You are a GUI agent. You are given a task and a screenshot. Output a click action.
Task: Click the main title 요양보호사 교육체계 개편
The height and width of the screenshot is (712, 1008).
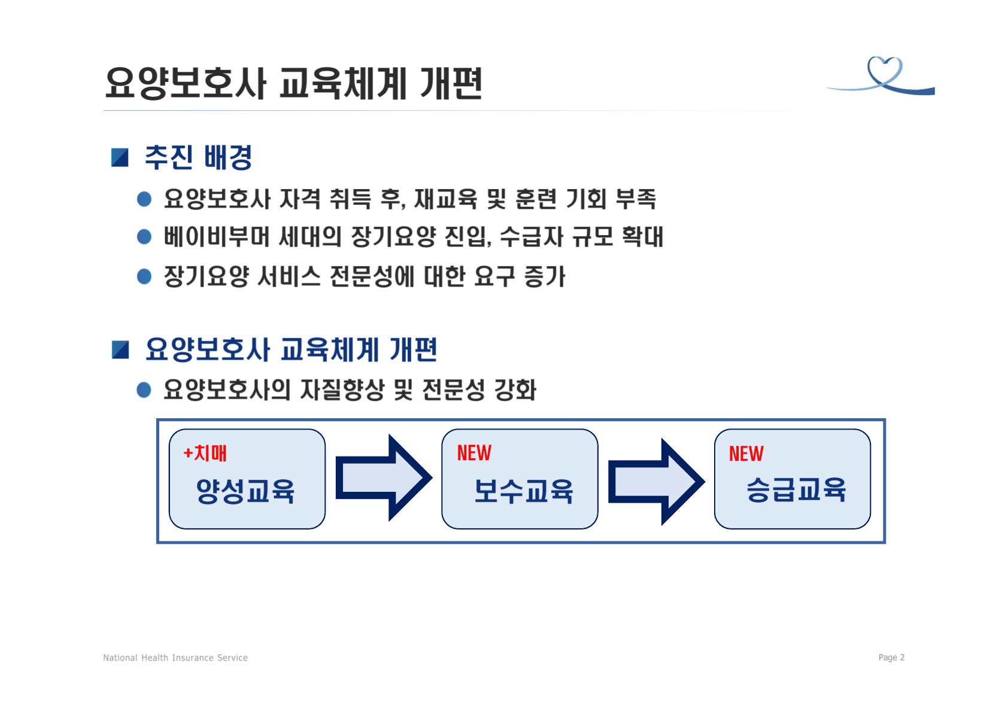click(x=294, y=83)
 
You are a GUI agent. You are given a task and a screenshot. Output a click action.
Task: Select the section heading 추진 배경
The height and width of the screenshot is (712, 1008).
click(x=198, y=157)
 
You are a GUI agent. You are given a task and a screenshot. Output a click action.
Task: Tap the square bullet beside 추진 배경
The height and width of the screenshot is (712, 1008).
click(x=120, y=157)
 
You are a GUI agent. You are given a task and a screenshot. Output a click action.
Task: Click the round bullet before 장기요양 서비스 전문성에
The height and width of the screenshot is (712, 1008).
click(x=144, y=276)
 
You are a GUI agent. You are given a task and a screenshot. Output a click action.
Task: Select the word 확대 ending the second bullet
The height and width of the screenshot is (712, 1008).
click(x=643, y=236)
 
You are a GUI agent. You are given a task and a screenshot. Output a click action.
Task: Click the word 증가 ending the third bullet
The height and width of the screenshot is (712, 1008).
click(x=545, y=276)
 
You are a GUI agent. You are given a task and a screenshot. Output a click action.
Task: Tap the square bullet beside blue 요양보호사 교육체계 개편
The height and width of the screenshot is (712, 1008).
click(x=120, y=350)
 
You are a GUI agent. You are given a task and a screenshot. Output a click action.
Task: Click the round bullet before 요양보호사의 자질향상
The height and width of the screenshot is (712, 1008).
click(x=144, y=390)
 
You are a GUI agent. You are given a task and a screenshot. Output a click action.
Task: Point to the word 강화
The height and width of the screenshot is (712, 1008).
click(x=515, y=390)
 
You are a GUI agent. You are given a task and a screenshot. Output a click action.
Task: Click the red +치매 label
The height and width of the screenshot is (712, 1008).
click(x=205, y=454)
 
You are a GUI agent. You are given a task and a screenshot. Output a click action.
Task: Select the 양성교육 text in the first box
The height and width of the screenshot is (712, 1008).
click(x=245, y=491)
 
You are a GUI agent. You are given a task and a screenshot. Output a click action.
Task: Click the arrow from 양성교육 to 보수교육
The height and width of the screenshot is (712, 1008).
click(x=384, y=477)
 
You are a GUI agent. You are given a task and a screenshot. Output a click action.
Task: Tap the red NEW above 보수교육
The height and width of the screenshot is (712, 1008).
click(x=474, y=453)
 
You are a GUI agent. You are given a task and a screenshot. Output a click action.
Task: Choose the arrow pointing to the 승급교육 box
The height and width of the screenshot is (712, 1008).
click(x=657, y=482)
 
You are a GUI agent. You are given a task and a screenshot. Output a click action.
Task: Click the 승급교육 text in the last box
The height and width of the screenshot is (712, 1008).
click(x=796, y=490)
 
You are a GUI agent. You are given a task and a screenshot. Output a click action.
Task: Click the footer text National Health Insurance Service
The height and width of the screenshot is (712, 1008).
click(x=175, y=658)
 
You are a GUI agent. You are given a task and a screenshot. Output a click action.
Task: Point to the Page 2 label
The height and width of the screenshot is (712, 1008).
click(x=891, y=658)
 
